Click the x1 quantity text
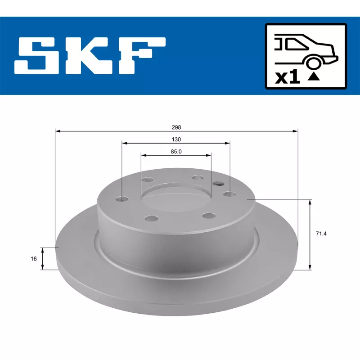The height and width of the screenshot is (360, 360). (288, 77)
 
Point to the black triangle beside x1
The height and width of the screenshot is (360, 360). (314, 76)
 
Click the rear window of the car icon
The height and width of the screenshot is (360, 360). (297, 44)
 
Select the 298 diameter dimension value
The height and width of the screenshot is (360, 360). (176, 127)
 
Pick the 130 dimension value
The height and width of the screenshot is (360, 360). (176, 139)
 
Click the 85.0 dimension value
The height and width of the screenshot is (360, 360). (176, 152)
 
